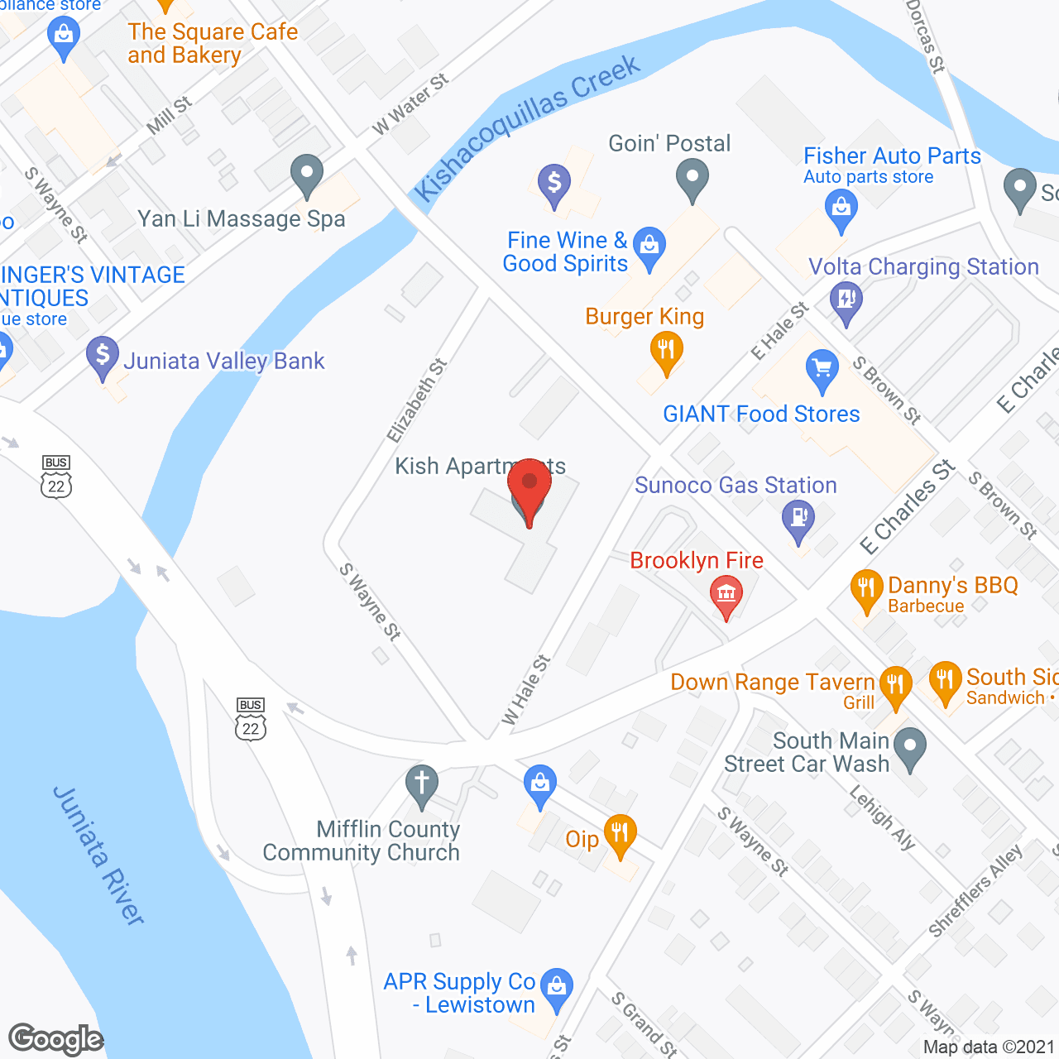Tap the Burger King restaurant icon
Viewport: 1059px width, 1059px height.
[666, 352]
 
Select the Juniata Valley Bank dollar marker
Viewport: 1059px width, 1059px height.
[103, 357]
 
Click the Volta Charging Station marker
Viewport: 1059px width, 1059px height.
[846, 299]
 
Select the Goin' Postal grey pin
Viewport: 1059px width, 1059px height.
[692, 178]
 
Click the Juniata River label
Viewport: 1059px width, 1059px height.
[98, 855]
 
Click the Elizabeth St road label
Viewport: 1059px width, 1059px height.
[417, 400]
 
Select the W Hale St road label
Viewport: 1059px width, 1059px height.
[526, 690]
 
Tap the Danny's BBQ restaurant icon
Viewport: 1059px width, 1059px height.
[866, 589]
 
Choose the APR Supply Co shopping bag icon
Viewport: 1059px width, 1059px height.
[557, 987]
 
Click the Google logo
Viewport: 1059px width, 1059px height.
[56, 1039]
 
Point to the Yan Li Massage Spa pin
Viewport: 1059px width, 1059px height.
[307, 174]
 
